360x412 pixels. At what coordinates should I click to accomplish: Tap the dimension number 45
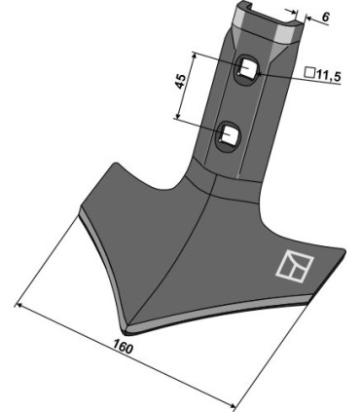(x=182, y=81)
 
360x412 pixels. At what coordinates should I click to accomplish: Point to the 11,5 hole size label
(x=326, y=73)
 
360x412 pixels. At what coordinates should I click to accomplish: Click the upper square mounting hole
(x=247, y=69)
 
